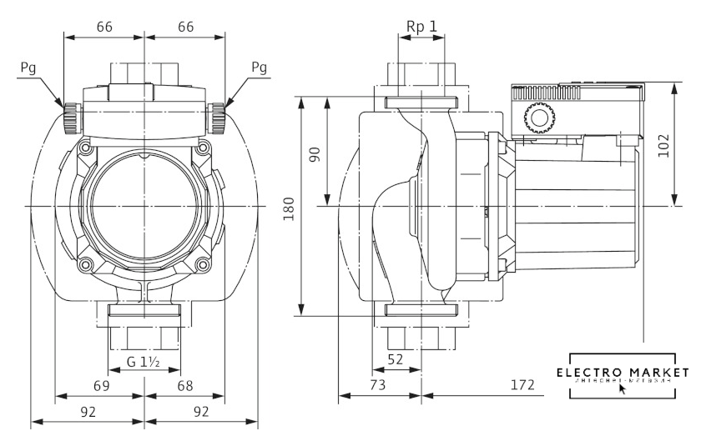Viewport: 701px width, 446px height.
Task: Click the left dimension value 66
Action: tap(104, 27)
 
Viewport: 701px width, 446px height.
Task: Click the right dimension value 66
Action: tap(185, 27)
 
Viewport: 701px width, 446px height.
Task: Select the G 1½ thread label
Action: tap(144, 363)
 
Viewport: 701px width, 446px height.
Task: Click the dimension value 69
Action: tap(100, 386)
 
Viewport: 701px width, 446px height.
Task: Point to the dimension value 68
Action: tap(185, 386)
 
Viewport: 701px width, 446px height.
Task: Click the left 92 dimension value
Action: tap(88, 411)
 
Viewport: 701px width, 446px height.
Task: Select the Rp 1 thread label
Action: tap(421, 27)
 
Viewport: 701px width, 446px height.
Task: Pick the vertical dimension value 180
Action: tap(289, 208)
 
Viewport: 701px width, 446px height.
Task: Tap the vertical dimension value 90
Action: tap(316, 155)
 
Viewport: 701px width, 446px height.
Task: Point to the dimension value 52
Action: tap(396, 359)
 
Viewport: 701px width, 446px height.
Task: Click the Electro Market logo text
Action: tap(623, 371)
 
